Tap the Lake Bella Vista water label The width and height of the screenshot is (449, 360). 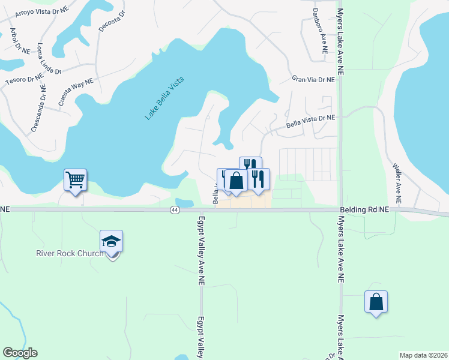pyautogui.click(x=164, y=98)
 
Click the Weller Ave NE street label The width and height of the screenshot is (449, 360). pyautogui.click(x=397, y=184)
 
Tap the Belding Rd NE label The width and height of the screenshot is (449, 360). pyautogui.click(x=364, y=209)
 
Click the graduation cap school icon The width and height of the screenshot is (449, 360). pyautogui.click(x=112, y=241)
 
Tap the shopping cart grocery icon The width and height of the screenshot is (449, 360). pyautogui.click(x=76, y=179)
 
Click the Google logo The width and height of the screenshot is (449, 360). pyautogui.click(x=20, y=353)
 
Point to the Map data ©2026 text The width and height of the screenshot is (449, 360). pyautogui.click(x=423, y=355)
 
